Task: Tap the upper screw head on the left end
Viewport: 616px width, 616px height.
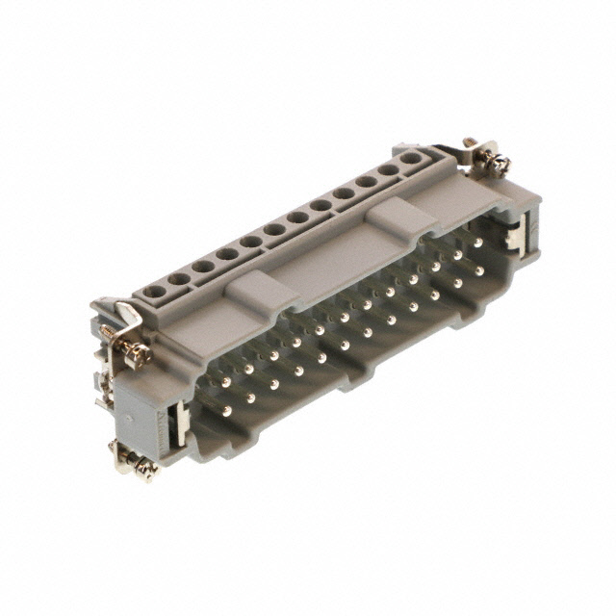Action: tap(139, 354)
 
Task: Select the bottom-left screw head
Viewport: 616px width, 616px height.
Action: tap(144, 468)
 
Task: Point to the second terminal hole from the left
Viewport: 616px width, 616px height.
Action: tap(179, 279)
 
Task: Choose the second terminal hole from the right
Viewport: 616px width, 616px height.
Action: tap(389, 170)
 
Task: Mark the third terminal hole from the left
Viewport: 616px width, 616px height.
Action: tap(203, 267)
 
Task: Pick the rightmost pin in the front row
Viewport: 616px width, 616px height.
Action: tap(478, 271)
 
